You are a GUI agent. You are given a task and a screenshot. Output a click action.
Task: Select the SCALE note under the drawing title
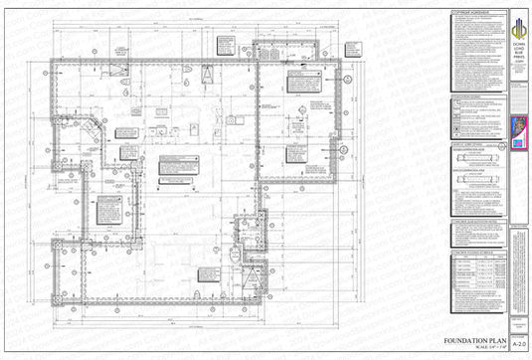pos(476,347)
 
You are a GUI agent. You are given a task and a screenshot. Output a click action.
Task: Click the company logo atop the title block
pos(517,21)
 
